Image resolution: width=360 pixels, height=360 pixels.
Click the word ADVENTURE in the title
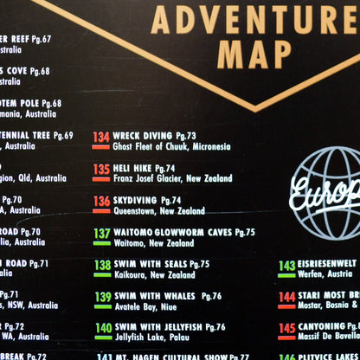(x=255, y=18)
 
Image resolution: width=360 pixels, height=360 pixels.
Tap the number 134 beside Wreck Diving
(x=101, y=137)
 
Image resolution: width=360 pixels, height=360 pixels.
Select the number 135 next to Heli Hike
(x=101, y=169)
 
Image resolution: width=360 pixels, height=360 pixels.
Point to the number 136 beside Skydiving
(x=101, y=201)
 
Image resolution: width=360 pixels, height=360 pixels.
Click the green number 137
(x=101, y=233)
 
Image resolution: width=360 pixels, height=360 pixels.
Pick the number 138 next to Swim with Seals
(x=102, y=265)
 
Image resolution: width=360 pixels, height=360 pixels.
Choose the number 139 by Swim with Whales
(x=102, y=297)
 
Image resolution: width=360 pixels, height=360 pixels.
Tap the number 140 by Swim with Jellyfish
(x=103, y=329)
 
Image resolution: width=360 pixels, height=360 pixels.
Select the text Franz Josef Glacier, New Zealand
(x=172, y=179)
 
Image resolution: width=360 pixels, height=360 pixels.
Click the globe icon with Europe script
(x=327, y=193)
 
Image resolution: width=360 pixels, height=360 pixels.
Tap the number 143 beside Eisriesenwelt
(x=286, y=266)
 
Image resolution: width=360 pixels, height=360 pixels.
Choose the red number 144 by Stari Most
(x=286, y=297)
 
